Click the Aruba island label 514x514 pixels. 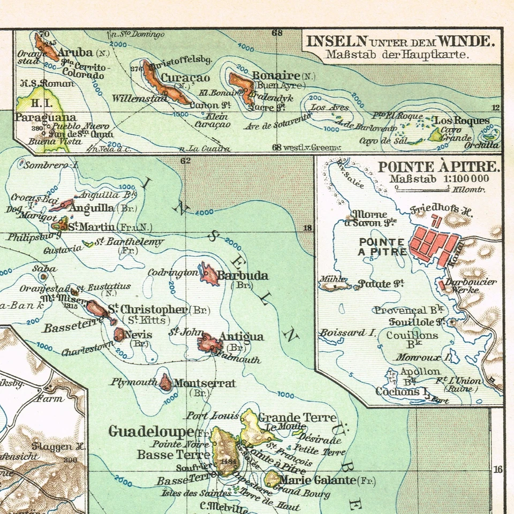coord(75,52)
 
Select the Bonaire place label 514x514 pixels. coord(276,75)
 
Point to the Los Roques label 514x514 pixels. coord(461,120)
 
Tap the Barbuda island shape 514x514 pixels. coord(208,275)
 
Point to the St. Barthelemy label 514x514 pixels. coord(126,242)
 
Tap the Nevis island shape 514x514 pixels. coord(119,335)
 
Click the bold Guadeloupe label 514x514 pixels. coord(151,431)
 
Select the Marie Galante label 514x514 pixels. coord(317,480)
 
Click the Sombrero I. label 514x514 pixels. coord(51,165)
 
